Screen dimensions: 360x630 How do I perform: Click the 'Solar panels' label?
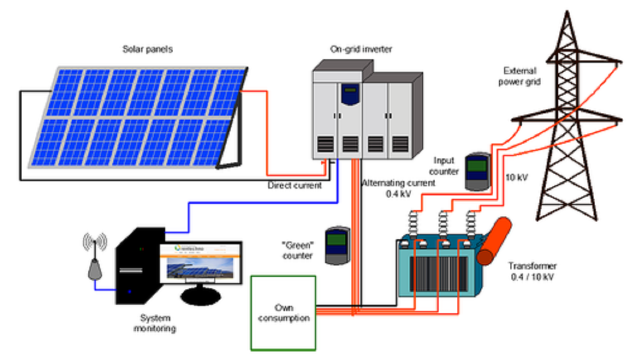148,50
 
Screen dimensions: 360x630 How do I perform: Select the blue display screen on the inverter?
349,93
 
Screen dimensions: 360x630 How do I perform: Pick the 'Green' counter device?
337,245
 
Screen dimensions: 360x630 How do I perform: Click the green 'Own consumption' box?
284,312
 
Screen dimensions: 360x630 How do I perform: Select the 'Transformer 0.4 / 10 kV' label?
533,272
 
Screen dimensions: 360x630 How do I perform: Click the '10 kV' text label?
517,177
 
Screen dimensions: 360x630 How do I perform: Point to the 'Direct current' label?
295,186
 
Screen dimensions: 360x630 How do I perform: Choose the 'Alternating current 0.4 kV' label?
398,187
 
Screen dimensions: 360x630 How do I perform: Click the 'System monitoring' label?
155,323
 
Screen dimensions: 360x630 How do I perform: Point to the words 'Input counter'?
445,166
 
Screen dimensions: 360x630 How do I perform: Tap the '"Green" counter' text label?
298,251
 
